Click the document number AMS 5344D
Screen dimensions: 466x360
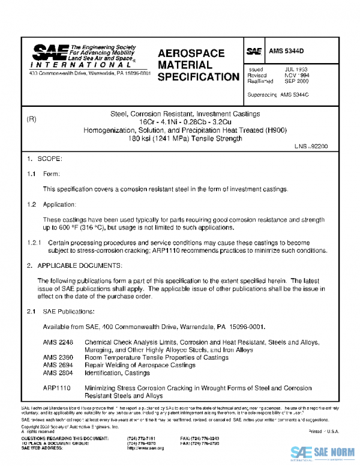(286, 52)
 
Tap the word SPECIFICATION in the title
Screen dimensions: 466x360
(199, 77)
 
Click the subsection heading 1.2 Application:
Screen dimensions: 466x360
(50, 205)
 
